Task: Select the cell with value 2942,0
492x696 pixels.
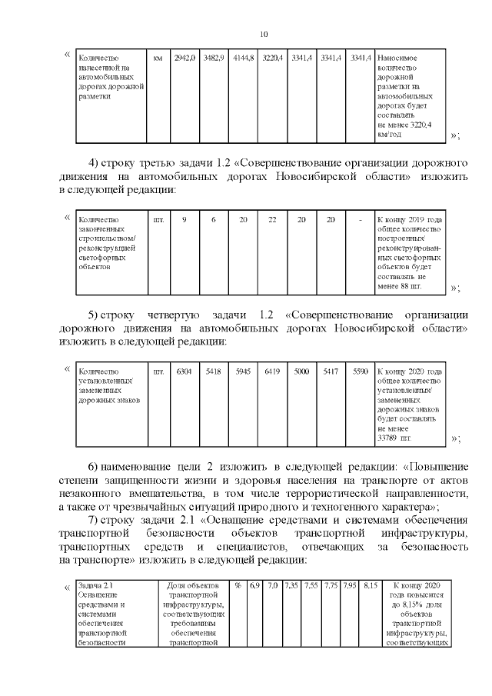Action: click(x=184, y=58)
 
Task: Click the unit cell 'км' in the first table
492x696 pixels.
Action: click(x=158, y=58)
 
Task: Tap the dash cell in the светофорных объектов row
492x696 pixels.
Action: click(x=360, y=220)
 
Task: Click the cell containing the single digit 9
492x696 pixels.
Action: click(x=184, y=220)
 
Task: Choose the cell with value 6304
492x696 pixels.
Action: click(x=184, y=371)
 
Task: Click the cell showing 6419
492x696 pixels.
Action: click(x=272, y=371)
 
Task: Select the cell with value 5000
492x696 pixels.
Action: click(x=301, y=371)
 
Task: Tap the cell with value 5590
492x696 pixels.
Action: click(x=360, y=371)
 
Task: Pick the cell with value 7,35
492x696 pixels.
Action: click(x=291, y=586)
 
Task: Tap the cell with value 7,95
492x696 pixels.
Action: click(x=351, y=586)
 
